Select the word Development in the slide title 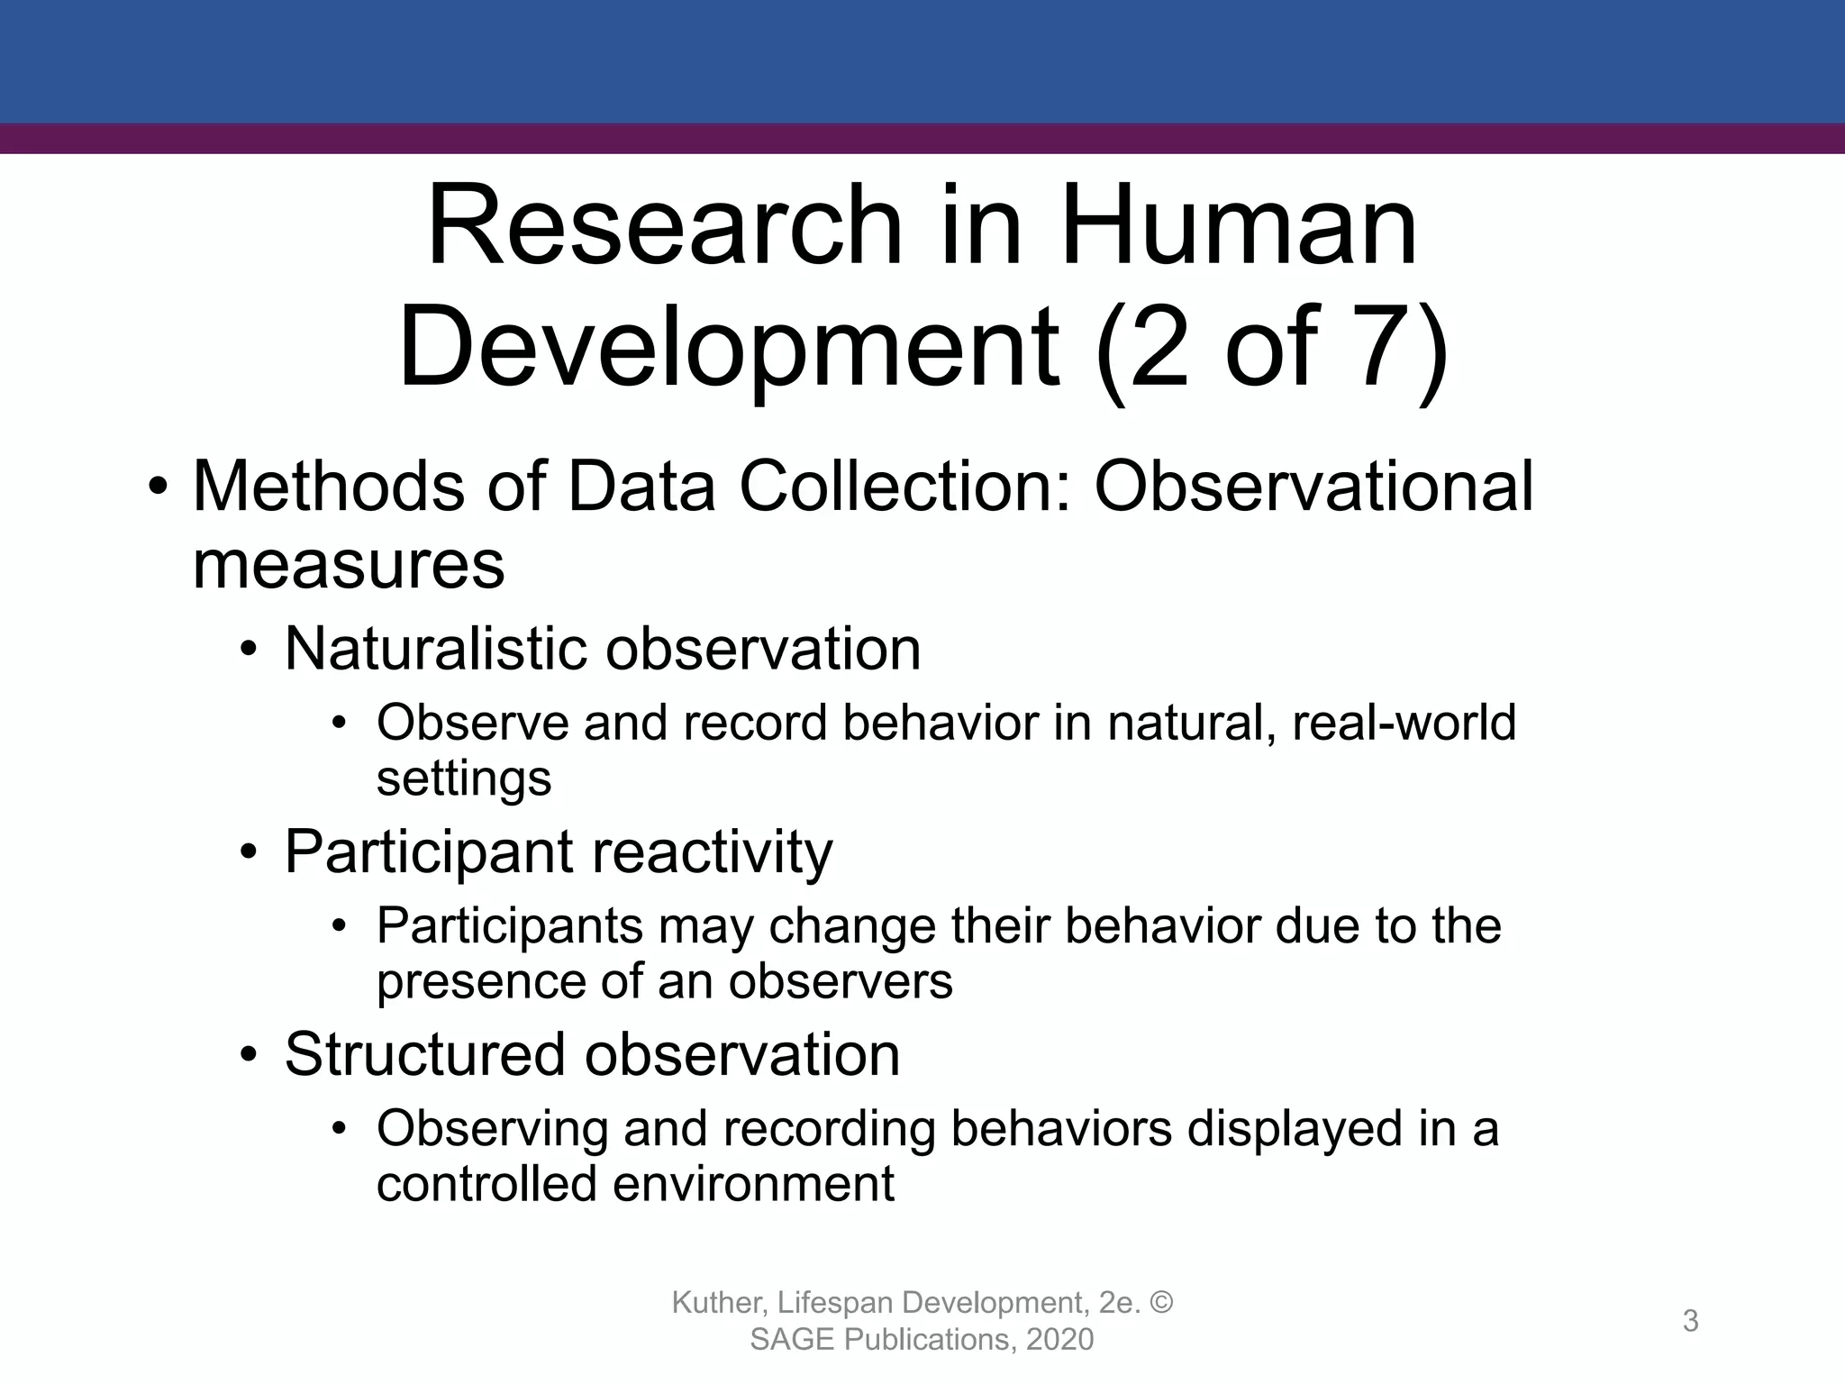(728, 349)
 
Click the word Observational (1313, 487)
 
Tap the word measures (349, 565)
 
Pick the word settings (464, 778)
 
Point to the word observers (841, 980)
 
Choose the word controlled (486, 1183)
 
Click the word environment (754, 1183)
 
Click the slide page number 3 (1690, 1321)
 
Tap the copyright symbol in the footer (1162, 1303)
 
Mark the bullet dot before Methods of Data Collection (159, 487)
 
